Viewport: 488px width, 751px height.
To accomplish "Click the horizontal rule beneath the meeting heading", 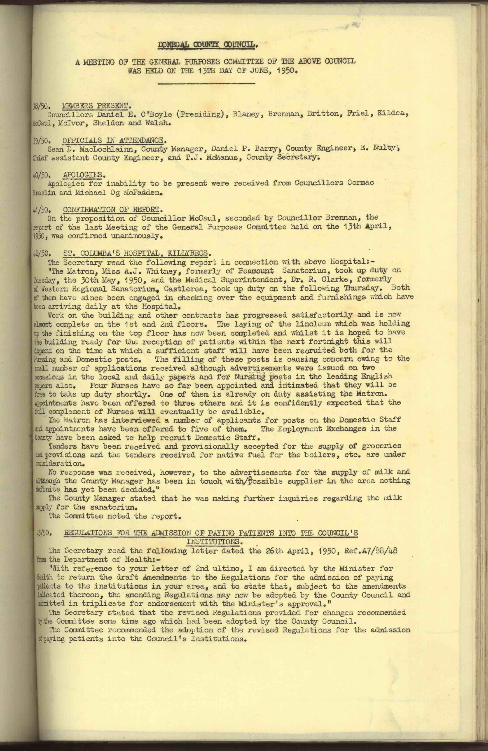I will [x=206, y=84].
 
